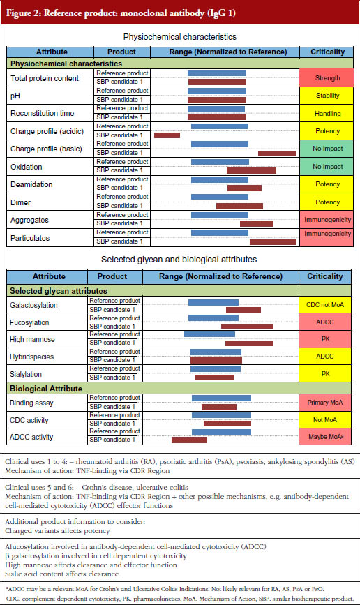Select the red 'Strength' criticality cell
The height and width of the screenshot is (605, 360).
point(327,78)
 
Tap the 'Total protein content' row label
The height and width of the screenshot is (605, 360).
point(45,78)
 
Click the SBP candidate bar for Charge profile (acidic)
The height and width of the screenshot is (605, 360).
point(167,135)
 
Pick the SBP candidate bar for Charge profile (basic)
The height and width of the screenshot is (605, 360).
point(277,154)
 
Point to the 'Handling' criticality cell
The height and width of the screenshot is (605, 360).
point(327,114)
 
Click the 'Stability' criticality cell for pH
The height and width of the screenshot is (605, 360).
point(327,96)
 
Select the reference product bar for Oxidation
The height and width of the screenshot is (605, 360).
point(220,162)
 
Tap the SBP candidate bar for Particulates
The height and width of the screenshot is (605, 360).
point(273,242)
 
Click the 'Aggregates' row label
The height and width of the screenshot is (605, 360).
point(29,221)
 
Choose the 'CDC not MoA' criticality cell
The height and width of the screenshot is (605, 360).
point(325,305)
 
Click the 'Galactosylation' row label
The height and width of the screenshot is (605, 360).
point(33,305)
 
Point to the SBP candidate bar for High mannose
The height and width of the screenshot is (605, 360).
point(249,343)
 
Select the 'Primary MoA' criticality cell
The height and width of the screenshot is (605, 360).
point(325,403)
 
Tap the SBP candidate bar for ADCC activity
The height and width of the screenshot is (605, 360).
point(189,440)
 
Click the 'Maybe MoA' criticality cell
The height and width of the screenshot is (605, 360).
point(325,437)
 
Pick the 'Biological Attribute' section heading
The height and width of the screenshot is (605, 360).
point(46,389)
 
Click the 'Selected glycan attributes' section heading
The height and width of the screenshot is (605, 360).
point(59,291)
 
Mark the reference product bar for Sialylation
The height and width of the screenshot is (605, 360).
point(216,369)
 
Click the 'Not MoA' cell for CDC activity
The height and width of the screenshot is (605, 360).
point(325,420)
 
